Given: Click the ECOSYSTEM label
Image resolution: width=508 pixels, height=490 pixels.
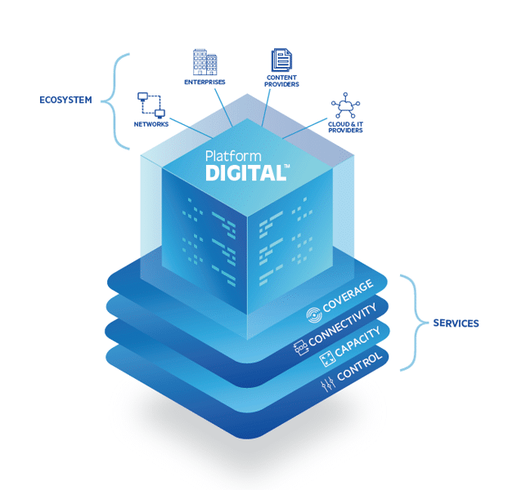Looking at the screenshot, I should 65,101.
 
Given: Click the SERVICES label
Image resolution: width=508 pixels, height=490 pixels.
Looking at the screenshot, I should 456,323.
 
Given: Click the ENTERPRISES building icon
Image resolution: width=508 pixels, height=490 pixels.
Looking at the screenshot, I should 205,62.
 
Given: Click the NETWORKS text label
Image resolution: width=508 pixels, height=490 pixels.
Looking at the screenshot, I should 151,124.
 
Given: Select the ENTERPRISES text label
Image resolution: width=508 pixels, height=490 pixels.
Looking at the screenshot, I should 205,82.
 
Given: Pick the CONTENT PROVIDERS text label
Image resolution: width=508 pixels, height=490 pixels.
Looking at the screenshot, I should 282,81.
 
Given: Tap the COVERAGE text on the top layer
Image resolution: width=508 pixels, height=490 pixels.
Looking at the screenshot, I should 349,296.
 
